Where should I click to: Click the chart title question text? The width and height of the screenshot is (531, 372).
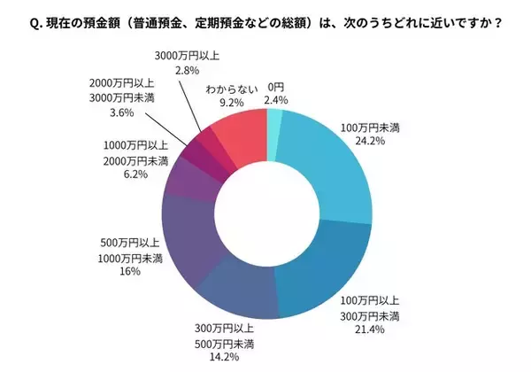pos(265,23)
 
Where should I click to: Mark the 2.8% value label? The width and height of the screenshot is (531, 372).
pos(175,68)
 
